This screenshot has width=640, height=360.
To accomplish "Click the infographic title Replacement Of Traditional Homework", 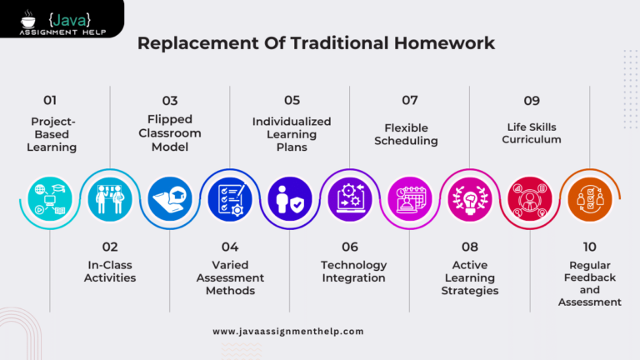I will [316, 42].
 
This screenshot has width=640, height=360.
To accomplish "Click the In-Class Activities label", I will [110, 271].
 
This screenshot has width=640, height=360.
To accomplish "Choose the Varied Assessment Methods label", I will [230, 277].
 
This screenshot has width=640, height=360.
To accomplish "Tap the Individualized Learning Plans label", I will [292, 134].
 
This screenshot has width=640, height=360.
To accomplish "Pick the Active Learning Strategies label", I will [470, 277].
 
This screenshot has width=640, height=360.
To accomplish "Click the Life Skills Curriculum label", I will [532, 133].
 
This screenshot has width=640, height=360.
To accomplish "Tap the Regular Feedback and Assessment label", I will [590, 283].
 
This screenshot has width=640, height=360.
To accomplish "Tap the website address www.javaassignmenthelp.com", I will [288, 331].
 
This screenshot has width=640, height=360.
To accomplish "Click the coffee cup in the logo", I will [29, 16].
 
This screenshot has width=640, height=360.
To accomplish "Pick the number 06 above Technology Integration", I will [350, 247].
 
